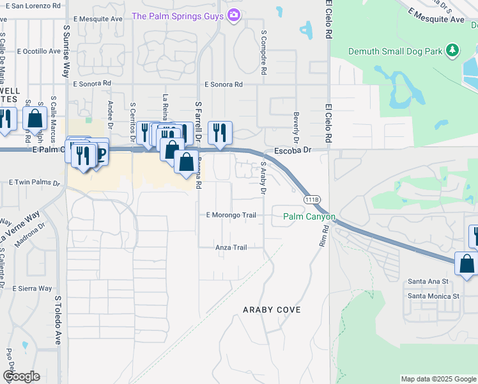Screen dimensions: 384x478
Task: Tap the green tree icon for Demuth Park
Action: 453,50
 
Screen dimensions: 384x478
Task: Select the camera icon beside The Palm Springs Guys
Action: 234,14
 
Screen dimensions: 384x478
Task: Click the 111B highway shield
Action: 311,200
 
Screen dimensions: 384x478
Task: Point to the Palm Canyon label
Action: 309,217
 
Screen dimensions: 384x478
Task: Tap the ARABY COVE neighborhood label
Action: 272,310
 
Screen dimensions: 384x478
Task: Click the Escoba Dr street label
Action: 292,150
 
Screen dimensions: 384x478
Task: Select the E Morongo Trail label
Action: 231,215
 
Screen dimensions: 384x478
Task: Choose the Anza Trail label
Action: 231,247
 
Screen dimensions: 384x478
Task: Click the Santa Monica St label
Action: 434,296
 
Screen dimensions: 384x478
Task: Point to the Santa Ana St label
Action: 429,281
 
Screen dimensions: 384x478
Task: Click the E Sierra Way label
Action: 32,288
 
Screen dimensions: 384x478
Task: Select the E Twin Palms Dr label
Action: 34,182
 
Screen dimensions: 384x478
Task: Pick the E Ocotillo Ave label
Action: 39,51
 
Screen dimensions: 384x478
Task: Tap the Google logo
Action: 21,376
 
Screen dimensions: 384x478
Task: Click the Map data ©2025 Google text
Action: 438,379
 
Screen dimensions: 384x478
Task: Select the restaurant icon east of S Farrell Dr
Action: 220,133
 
